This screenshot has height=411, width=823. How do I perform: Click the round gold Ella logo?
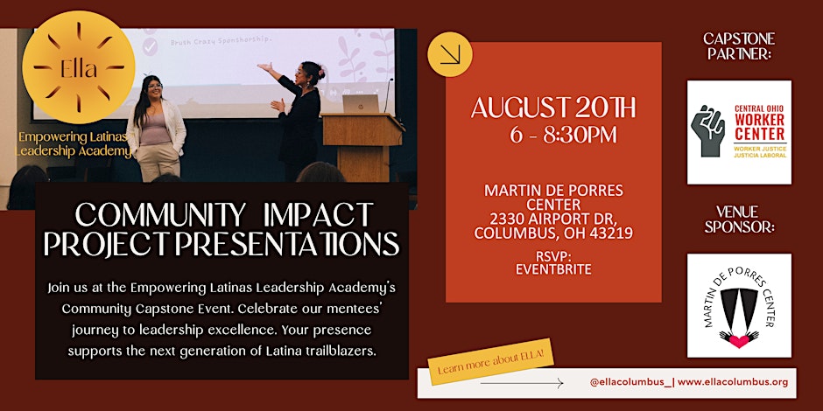tap(79, 67)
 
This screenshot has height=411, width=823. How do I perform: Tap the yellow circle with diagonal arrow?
tap(450, 54)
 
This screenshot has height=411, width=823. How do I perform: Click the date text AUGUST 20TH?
tap(553, 108)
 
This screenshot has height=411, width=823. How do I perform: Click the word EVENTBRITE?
tap(553, 270)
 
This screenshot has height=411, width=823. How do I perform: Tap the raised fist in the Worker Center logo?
tap(707, 130)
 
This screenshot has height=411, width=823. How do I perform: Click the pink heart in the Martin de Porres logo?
tap(739, 341)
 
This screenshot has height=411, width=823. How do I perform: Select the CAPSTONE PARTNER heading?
tap(739, 46)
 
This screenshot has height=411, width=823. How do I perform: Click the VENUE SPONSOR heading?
tap(739, 219)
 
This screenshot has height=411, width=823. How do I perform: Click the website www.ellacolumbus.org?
tap(733, 382)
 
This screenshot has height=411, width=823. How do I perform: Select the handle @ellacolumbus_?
tap(630, 382)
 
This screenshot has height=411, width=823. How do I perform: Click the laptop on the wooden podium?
tap(360, 104)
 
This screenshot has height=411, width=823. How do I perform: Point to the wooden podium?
tap(362, 148)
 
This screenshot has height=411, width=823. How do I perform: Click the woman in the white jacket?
tap(156, 129)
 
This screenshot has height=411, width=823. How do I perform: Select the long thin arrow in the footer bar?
tap(522, 384)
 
